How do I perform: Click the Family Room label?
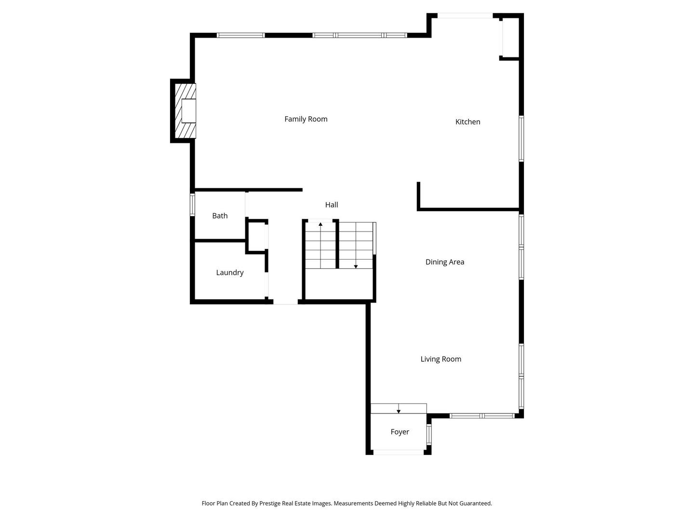(x=306, y=119)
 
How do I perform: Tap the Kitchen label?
(x=467, y=122)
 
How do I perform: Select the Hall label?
(x=332, y=205)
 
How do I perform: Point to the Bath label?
(x=220, y=216)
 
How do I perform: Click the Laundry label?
(x=229, y=273)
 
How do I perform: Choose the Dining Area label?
(x=444, y=262)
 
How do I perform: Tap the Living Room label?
(x=440, y=359)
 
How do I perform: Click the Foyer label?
(x=400, y=432)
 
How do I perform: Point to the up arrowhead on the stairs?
(x=320, y=224)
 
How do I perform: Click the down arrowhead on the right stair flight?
(x=356, y=266)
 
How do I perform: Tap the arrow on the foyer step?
(x=399, y=411)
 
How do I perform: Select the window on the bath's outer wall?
(x=192, y=204)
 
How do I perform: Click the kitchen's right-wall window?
(x=521, y=138)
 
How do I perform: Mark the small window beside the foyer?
(x=429, y=434)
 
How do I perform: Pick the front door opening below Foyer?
(x=399, y=452)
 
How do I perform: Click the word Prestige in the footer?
(x=270, y=503)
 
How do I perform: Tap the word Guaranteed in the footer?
(x=474, y=503)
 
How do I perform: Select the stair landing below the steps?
(x=340, y=284)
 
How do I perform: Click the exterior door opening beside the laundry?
(x=285, y=302)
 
